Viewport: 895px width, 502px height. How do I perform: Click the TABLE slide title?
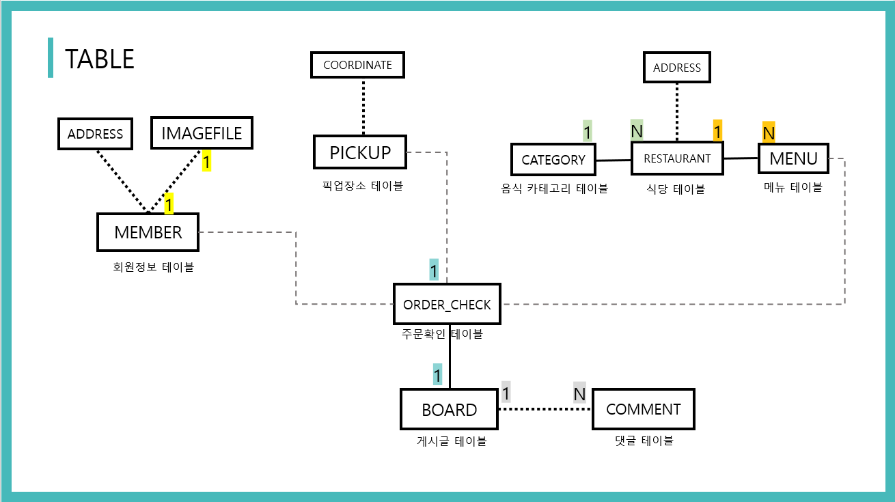[x=100, y=59]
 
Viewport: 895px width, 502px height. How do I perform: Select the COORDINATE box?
[x=357, y=65]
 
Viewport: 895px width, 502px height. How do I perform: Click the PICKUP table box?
[x=360, y=152]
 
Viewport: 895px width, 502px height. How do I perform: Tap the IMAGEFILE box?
[x=202, y=133]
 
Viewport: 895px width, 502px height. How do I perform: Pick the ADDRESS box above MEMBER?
[x=95, y=134]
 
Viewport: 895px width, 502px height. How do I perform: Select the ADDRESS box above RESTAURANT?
[x=676, y=68]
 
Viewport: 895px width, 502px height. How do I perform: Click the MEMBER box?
[x=148, y=232]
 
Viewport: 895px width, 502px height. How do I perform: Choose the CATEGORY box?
[x=553, y=160]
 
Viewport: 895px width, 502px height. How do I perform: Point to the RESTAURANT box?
[x=677, y=158]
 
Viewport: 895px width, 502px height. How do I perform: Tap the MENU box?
[x=793, y=158]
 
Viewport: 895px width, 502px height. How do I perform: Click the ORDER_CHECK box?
[x=447, y=305]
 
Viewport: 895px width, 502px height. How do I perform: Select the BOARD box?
[x=449, y=410]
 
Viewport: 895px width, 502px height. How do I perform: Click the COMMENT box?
[x=643, y=409]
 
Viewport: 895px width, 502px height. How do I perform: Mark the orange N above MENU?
[x=769, y=133]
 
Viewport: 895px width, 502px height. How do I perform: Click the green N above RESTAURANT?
[x=637, y=130]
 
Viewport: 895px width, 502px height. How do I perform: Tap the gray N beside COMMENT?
[x=579, y=393]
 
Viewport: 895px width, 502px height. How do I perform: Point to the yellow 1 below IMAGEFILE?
[x=206, y=161]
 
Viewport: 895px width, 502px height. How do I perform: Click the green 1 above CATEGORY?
[x=588, y=131]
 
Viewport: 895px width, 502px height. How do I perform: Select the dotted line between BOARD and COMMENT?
[x=545, y=409]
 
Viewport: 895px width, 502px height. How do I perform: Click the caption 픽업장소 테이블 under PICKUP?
[x=362, y=185]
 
